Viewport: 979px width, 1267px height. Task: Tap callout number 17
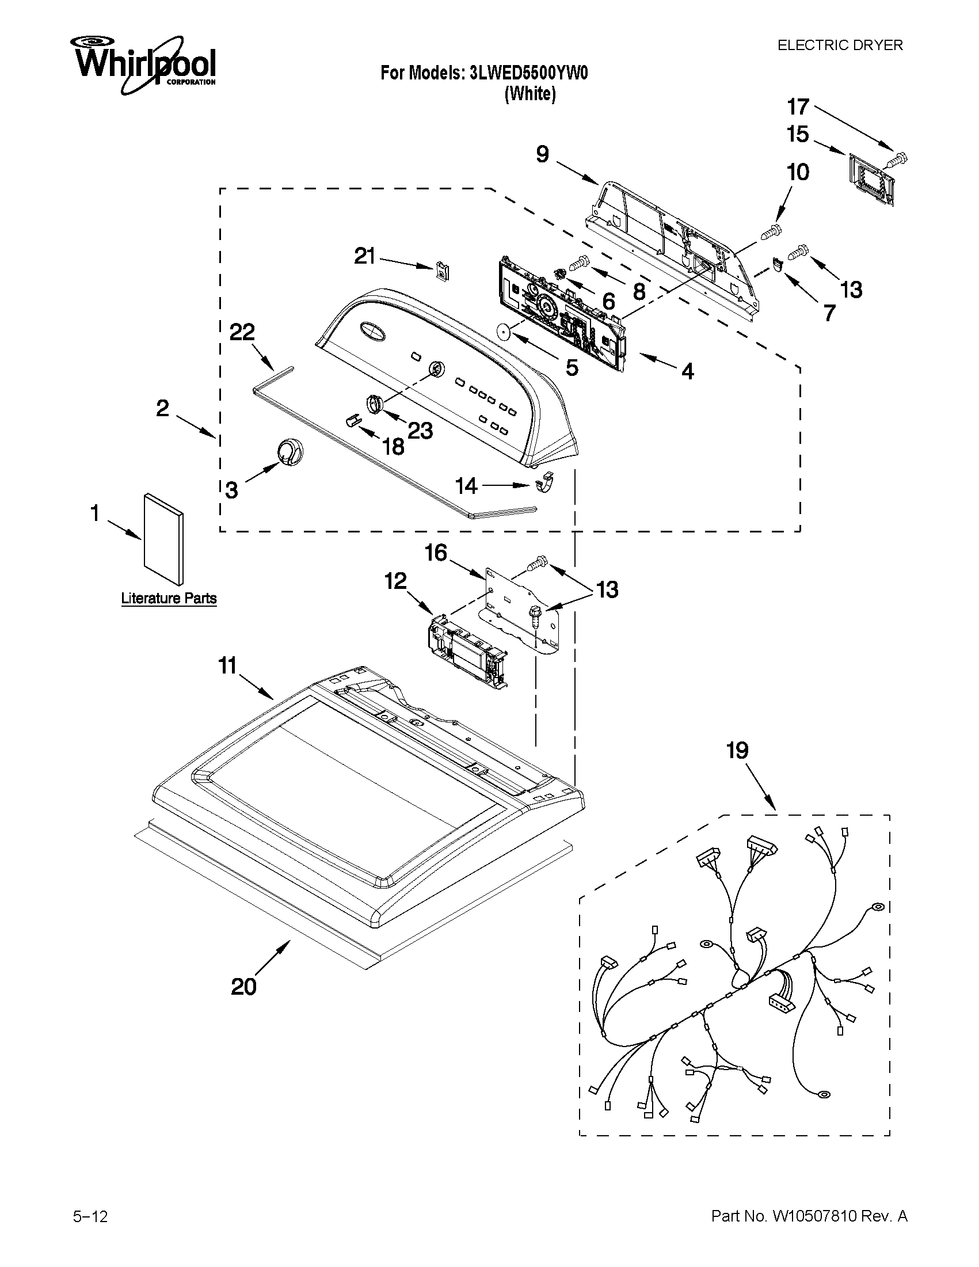pyautogui.click(x=798, y=106)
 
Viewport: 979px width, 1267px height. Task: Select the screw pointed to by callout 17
pyautogui.click(x=898, y=157)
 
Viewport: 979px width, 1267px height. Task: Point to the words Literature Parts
pyautogui.click(x=169, y=598)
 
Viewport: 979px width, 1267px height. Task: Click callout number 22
pyautogui.click(x=242, y=332)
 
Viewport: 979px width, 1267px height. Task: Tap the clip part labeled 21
pyautogui.click(x=444, y=270)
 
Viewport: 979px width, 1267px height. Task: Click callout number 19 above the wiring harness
pyautogui.click(x=738, y=751)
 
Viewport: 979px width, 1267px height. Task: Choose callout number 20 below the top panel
pyautogui.click(x=243, y=986)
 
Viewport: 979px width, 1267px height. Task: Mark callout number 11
pyautogui.click(x=227, y=665)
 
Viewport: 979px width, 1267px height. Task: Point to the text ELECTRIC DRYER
pyautogui.click(x=840, y=45)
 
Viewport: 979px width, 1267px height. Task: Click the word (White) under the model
pyautogui.click(x=530, y=94)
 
